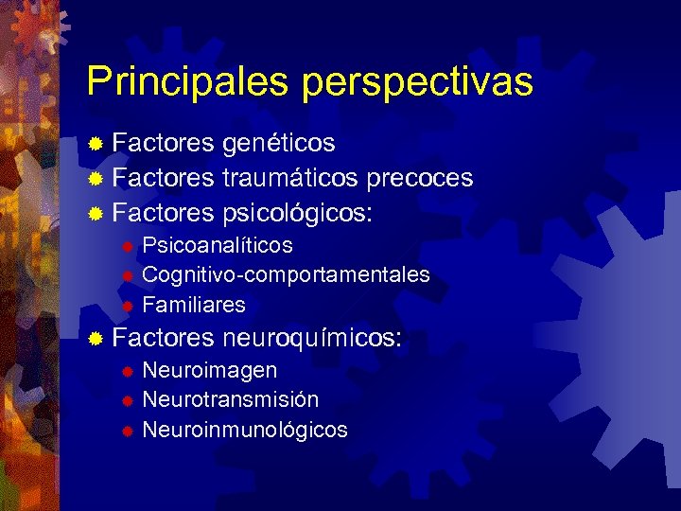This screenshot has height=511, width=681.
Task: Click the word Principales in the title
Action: click(189, 82)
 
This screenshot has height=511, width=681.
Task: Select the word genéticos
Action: click(279, 144)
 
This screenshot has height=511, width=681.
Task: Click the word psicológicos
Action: click(297, 213)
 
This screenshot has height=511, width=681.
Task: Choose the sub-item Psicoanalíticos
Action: click(217, 246)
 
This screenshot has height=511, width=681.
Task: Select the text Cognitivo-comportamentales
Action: click(286, 275)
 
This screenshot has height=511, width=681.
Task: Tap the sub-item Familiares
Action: click(193, 305)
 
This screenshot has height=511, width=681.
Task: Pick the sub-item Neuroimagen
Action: click(209, 370)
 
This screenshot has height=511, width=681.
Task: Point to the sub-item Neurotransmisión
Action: click(230, 399)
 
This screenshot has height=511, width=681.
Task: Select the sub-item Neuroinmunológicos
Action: click(244, 430)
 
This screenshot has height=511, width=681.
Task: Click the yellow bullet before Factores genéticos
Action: click(96, 145)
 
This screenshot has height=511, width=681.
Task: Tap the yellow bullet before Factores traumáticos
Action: click(96, 179)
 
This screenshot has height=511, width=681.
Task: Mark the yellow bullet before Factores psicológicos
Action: click(96, 213)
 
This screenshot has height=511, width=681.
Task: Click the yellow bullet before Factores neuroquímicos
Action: click(96, 339)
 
